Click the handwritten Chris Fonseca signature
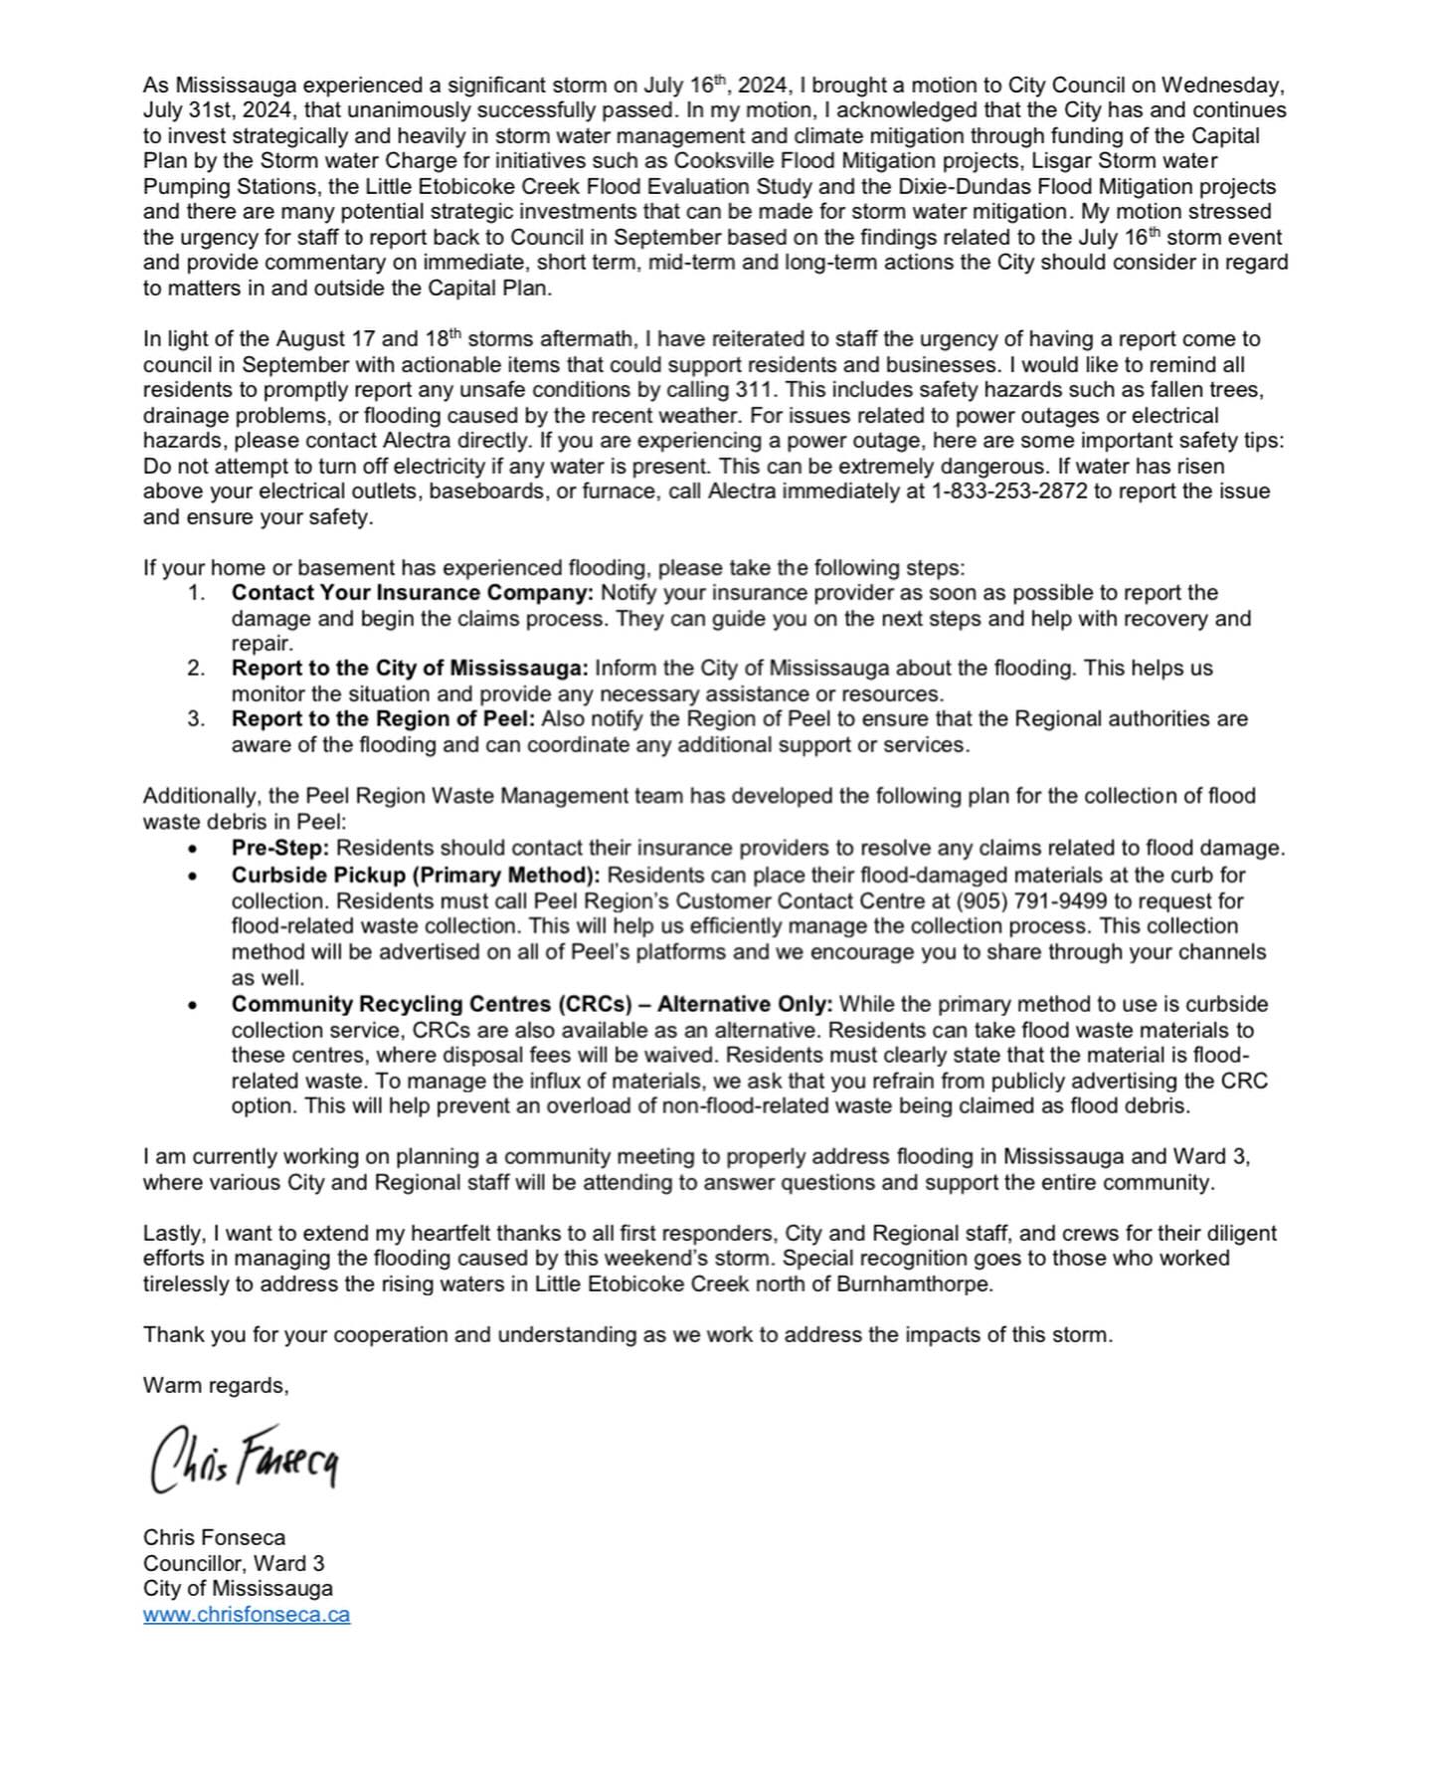tap(245, 1460)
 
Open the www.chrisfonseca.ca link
tap(246, 1614)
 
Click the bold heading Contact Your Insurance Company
tap(412, 593)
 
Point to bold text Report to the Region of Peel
tap(383, 718)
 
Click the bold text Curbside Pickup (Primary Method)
tap(416, 876)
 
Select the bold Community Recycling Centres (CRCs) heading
tap(532, 1004)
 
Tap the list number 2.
tap(196, 668)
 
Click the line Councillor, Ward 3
tap(234, 1563)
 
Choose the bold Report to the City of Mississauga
tap(410, 668)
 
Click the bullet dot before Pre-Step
tap(193, 850)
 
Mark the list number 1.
tap(196, 593)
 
